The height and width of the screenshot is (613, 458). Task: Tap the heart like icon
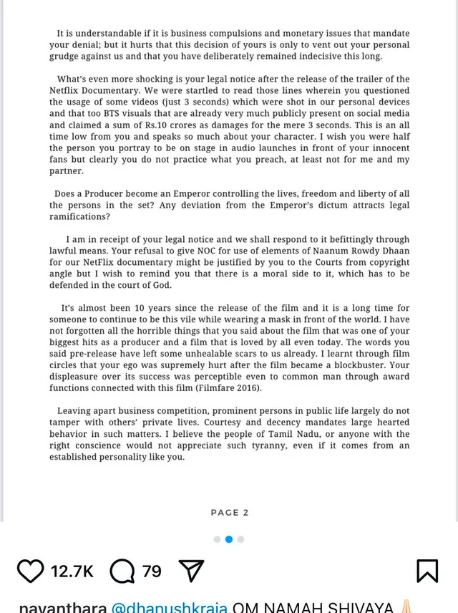(30, 571)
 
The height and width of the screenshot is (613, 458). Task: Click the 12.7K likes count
(72, 571)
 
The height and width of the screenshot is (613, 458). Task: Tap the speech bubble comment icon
(123, 571)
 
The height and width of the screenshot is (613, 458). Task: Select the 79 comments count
(152, 571)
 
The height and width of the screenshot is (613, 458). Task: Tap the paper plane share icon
(191, 571)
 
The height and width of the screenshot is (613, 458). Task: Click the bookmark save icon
(427, 571)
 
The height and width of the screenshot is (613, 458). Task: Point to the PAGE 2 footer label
(230, 512)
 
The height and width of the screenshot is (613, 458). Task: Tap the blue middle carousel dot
(229, 539)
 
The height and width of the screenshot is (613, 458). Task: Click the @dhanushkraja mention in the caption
(169, 607)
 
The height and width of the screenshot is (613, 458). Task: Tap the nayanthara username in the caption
(62, 607)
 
